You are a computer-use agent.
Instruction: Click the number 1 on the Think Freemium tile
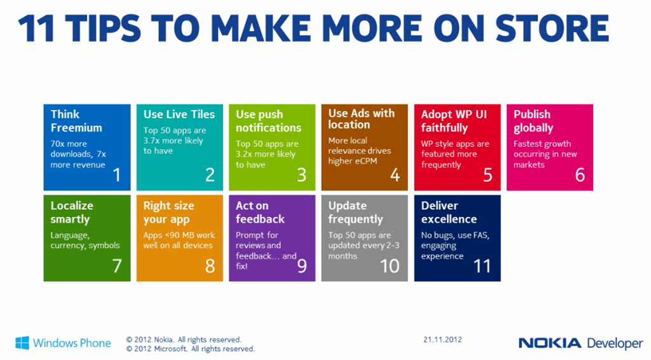[117, 175]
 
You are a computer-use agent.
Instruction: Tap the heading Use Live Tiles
[179, 114]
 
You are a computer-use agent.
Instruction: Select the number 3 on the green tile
[302, 175]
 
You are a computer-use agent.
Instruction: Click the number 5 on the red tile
[488, 175]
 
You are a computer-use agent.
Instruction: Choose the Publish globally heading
[533, 121]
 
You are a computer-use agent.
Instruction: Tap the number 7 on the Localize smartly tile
[117, 266]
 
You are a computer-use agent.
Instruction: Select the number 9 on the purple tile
[302, 266]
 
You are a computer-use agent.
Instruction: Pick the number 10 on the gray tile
[390, 266]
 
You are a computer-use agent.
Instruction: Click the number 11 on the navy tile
[482, 266]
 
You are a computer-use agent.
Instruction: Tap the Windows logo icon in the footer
[22, 343]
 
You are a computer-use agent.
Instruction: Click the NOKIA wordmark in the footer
[550, 343]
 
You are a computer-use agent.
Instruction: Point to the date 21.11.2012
[442, 340]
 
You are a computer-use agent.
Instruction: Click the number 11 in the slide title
[36, 29]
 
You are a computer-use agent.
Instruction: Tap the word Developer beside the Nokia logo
[615, 344]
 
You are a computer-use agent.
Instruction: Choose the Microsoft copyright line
[191, 349]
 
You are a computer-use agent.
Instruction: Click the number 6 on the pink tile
[580, 175]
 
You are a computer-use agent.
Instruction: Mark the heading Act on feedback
[260, 212]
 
